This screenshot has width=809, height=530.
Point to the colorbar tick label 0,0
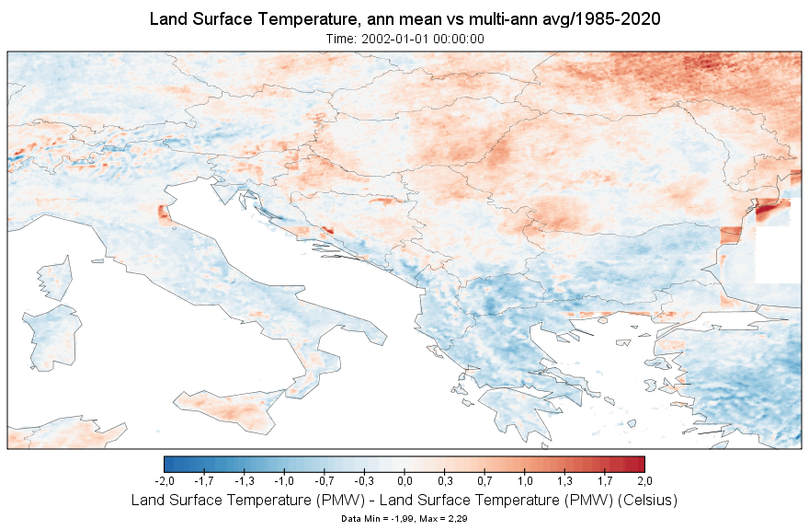404,481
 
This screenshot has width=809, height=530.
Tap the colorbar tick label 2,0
644,481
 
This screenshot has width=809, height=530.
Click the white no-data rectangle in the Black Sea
776,252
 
